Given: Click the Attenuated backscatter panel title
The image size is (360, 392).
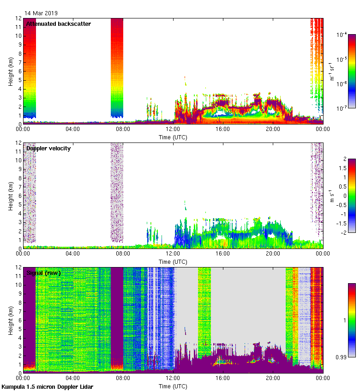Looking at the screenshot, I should pos(59,24).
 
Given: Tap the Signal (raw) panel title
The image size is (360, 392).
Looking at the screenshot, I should pos(43,273).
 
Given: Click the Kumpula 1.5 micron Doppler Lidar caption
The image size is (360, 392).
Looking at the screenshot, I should pos(48,387).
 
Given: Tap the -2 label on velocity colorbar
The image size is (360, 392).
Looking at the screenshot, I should pos(342,232).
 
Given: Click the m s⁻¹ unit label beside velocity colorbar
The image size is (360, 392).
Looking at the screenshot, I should pos(331,196).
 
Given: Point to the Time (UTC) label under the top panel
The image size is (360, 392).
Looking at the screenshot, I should pos(173,137).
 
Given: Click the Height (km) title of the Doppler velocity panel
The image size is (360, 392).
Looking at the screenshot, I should pos(10,196).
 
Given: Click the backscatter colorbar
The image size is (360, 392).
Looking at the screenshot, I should pos(352,71).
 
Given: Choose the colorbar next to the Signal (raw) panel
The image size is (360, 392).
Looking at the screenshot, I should pos(352,320).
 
